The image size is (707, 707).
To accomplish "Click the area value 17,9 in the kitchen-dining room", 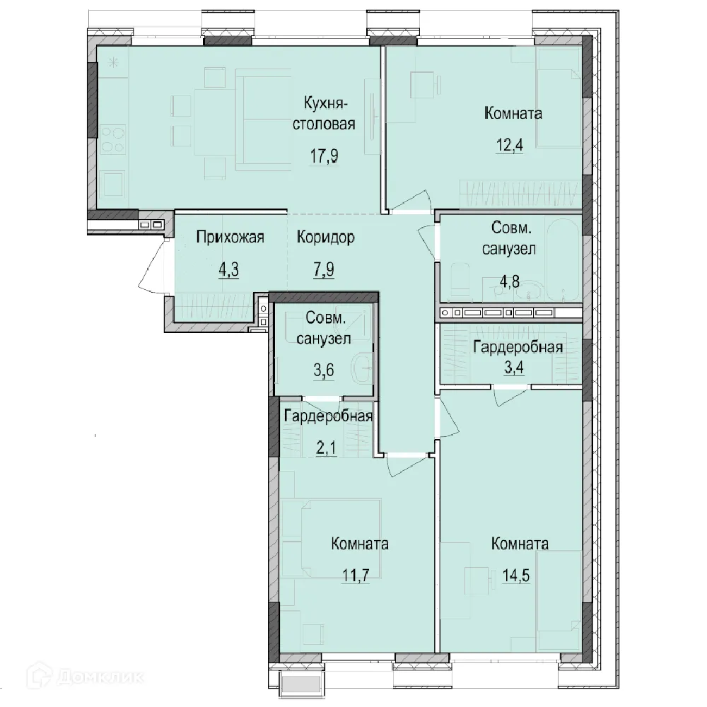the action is pos(324,156).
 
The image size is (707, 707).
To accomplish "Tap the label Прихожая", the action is pos(230,237).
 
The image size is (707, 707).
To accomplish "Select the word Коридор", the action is pos(325,237).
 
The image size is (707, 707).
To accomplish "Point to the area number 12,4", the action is pos(510,146).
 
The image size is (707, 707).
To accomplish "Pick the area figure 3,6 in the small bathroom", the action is pos(324,370).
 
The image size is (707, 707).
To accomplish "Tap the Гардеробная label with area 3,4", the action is pos(518,347).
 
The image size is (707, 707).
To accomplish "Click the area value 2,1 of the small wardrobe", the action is pos(326,449).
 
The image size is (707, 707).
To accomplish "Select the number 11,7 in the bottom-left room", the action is pos(356,575).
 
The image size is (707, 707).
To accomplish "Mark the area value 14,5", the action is pos(516,575).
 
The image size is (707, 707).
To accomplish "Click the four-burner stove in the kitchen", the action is pos(112,140).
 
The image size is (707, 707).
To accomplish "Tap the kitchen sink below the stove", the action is pos(113,184).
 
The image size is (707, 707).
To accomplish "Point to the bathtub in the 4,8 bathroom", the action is pos(562,259).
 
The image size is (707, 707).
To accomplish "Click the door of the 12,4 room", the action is pos(410,201).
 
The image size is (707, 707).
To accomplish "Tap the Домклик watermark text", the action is pos(100,677).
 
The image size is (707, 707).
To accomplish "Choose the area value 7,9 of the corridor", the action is pos(324,269).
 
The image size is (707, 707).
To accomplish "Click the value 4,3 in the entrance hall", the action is pos(228,269).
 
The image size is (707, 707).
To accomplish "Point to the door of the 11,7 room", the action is pos(406,464).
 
